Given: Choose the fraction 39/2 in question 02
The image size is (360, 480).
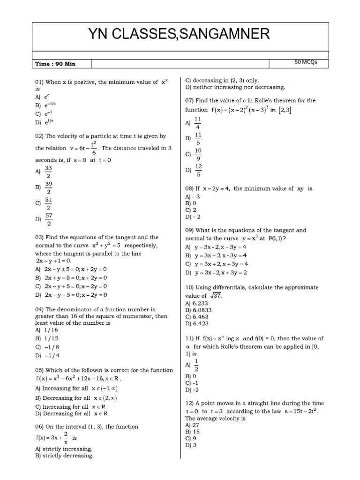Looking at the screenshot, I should coord(48,187).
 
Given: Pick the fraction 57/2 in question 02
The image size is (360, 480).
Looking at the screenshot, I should coord(48,219).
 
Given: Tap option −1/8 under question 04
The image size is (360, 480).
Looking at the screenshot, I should coord(52,347).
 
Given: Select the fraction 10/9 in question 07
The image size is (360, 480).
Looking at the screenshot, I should coord(198,153).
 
